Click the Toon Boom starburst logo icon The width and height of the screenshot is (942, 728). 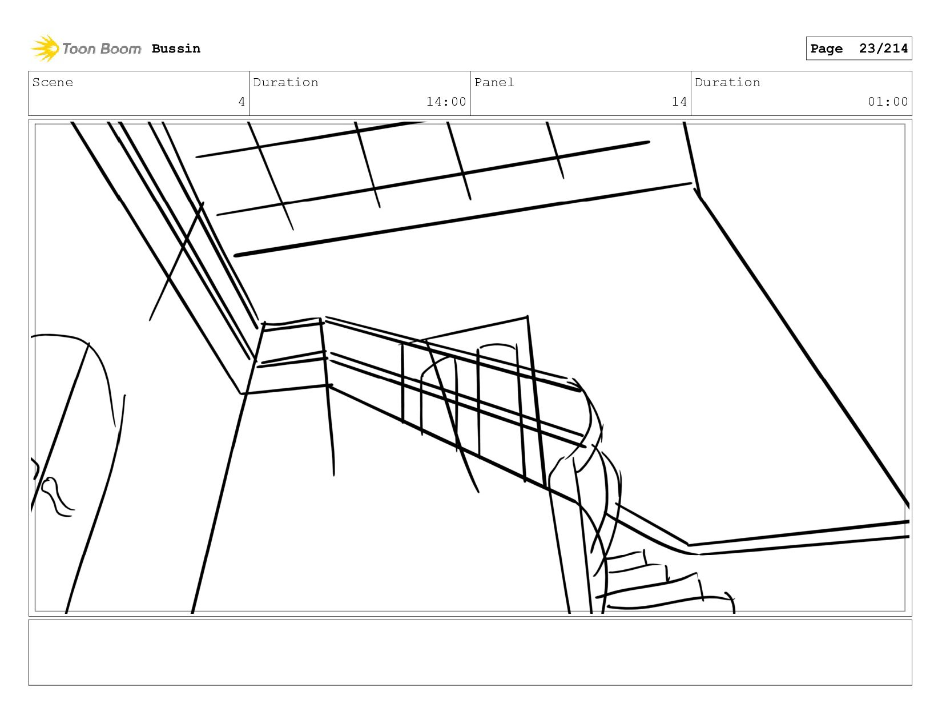click(x=45, y=49)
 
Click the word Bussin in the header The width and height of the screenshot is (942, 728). click(x=176, y=49)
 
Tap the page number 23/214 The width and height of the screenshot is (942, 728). click(x=883, y=49)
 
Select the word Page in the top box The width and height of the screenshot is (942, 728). click(x=826, y=49)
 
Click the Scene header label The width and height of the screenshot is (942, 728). click(x=53, y=82)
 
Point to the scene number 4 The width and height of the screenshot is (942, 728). click(x=241, y=102)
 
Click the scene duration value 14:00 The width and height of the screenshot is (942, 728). click(x=446, y=102)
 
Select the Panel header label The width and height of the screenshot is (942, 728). click(x=494, y=82)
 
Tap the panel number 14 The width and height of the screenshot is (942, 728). click(x=679, y=102)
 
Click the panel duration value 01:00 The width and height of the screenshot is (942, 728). click(x=887, y=102)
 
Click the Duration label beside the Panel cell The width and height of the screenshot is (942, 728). click(x=727, y=82)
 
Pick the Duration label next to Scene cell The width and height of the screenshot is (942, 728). click(x=285, y=82)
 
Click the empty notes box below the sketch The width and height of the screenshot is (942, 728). click(x=470, y=652)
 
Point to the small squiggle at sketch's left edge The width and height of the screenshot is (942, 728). click(x=57, y=496)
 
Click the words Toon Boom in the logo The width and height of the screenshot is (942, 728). click(x=101, y=49)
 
